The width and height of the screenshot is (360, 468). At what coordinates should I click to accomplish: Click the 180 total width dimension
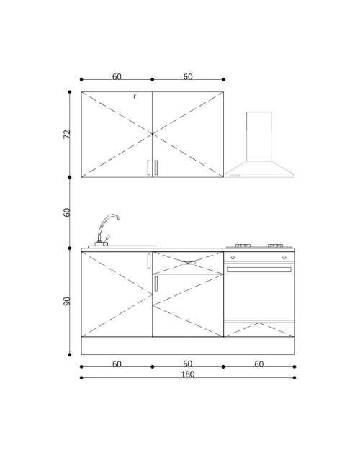click(188, 374)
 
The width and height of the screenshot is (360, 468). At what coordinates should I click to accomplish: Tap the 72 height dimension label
click(67, 134)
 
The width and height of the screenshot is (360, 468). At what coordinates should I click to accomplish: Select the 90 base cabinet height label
click(67, 301)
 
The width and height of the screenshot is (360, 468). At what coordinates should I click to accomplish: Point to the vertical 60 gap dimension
click(67, 212)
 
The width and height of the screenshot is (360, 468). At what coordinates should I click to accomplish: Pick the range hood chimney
click(258, 136)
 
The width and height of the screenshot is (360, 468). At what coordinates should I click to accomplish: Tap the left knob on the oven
click(233, 257)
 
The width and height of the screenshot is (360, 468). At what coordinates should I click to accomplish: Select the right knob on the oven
click(284, 257)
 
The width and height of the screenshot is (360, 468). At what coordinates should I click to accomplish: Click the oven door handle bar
click(259, 269)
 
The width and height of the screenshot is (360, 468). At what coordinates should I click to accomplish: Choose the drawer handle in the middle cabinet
click(188, 263)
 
